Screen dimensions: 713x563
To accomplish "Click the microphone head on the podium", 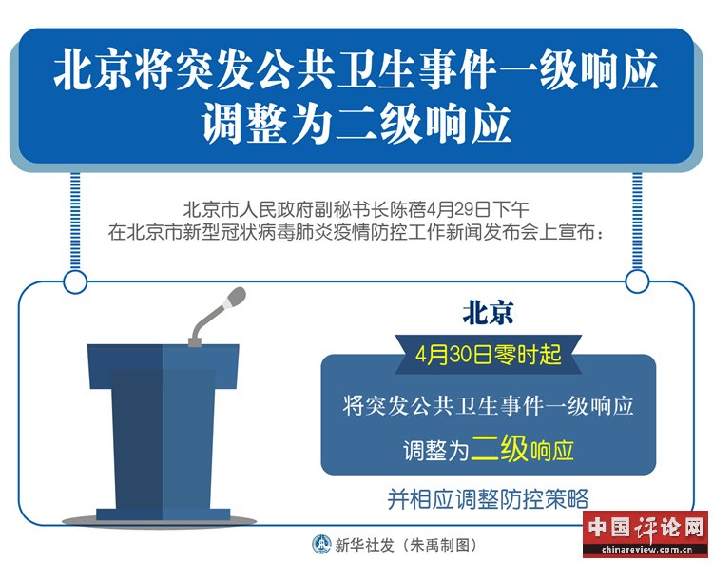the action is pos(236,297).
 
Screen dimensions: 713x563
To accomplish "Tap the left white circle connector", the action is pos(75,281).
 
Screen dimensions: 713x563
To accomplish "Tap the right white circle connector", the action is pos(637,281).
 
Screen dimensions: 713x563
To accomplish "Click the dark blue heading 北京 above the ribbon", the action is pos(488,313).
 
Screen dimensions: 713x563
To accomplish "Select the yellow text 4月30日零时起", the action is pos(489,355).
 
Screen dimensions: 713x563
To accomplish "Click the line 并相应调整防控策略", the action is pos(488,499).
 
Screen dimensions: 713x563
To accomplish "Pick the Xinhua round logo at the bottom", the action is pos(322,544).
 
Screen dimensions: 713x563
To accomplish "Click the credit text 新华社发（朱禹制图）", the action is pos(406,544).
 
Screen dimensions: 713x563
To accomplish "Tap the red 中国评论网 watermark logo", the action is pos(646,528).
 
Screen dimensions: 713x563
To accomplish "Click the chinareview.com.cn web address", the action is pos(646,549).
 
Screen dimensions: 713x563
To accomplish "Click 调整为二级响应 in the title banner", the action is pos(356,124).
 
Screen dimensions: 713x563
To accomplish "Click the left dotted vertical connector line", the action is pos(75,222).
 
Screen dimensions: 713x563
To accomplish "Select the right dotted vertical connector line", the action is pos(637,221).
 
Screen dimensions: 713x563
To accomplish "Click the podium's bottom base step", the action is pos(163,514).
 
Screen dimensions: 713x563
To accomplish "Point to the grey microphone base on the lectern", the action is pos(195,341).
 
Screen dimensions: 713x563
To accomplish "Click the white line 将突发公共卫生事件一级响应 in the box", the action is pos(488,405).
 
